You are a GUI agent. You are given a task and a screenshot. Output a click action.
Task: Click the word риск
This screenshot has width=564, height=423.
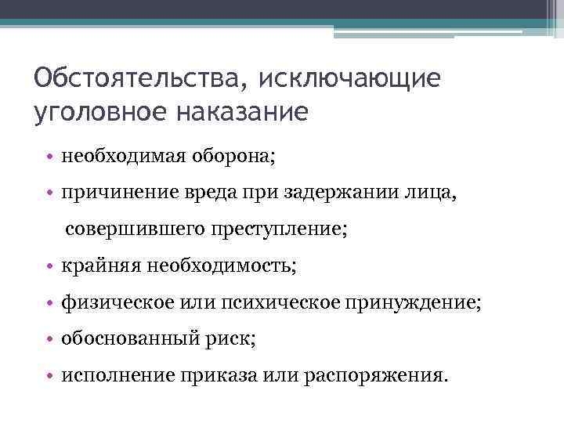click(232, 338)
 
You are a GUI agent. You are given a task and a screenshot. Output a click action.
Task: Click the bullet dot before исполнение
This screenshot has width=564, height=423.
click(49, 375)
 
